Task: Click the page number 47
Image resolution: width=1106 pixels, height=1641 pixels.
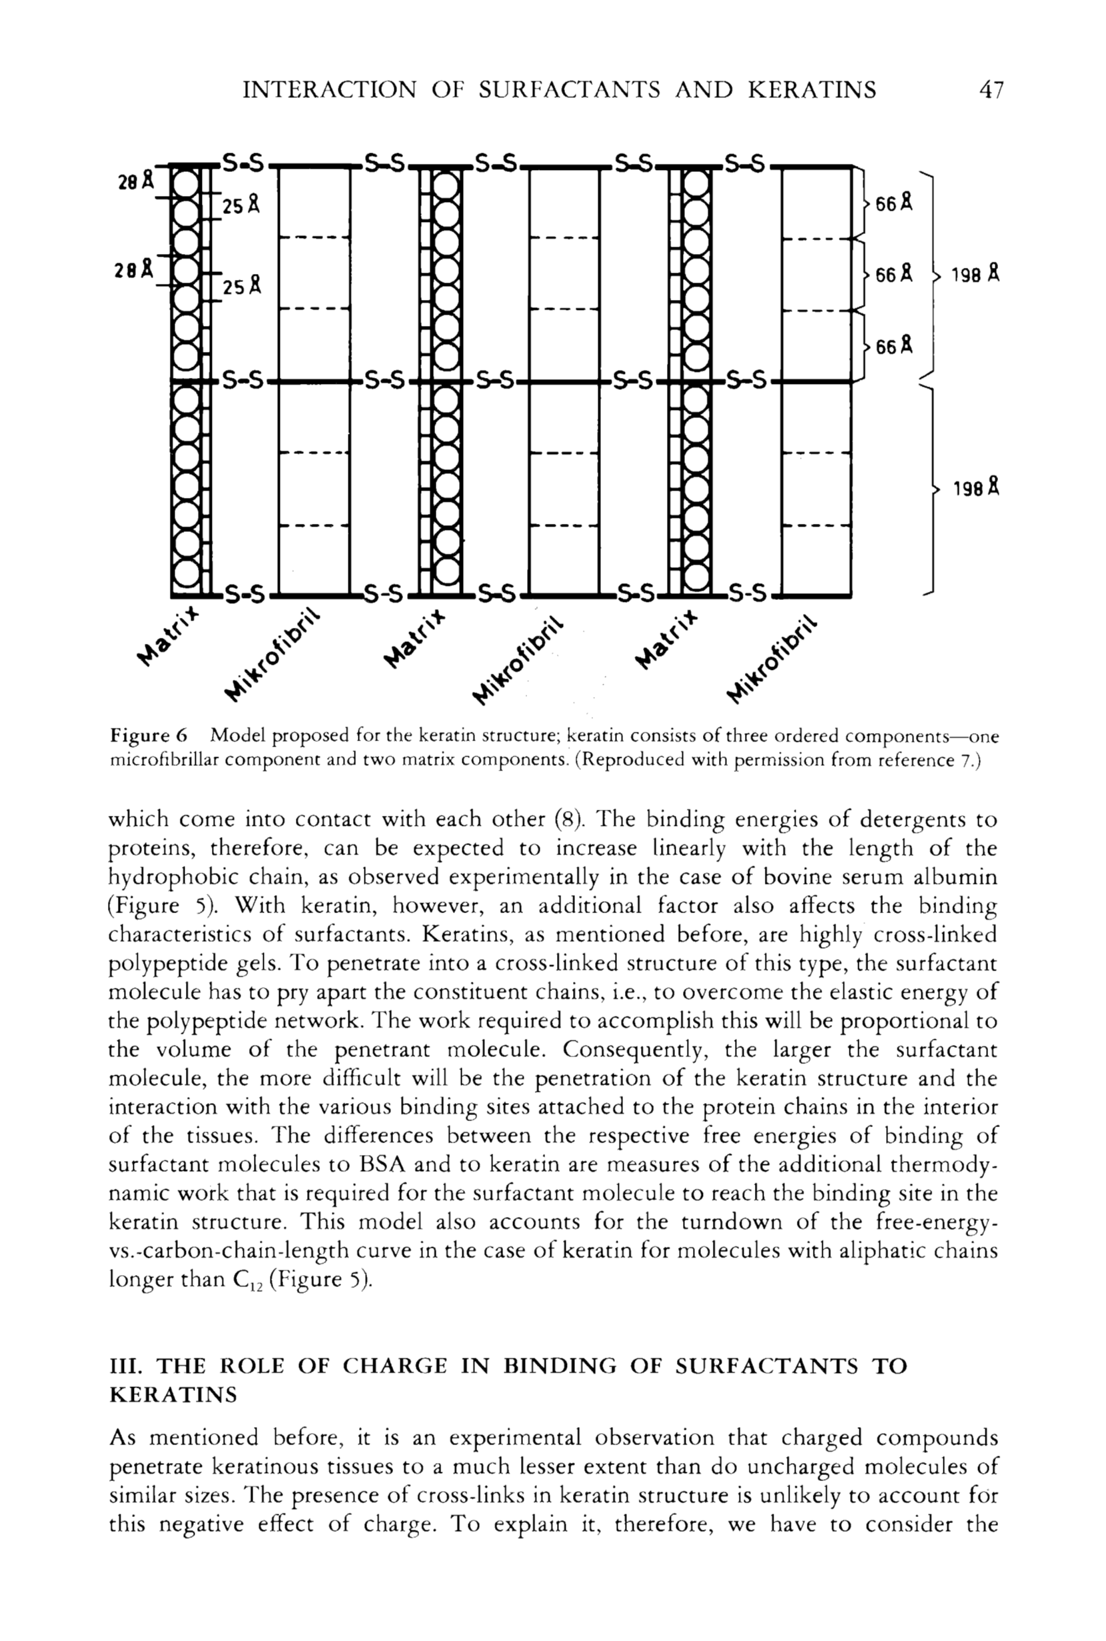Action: point(990,90)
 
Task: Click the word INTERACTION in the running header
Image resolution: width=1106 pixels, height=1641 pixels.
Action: point(329,90)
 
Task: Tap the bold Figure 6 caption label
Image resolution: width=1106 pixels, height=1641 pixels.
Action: point(148,737)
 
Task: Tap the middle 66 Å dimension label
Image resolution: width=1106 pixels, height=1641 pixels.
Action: point(893,275)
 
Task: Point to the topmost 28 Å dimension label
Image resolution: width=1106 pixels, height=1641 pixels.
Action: point(135,181)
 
